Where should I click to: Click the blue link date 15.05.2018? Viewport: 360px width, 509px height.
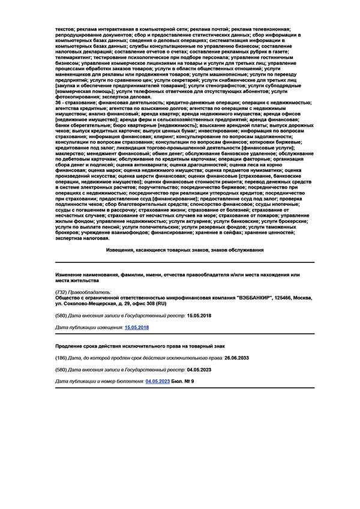point(136,328)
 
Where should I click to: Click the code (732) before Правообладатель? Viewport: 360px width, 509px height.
point(61,291)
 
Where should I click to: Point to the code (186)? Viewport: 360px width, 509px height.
point(61,358)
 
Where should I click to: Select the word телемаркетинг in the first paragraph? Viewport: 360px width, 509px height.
point(76,57)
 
